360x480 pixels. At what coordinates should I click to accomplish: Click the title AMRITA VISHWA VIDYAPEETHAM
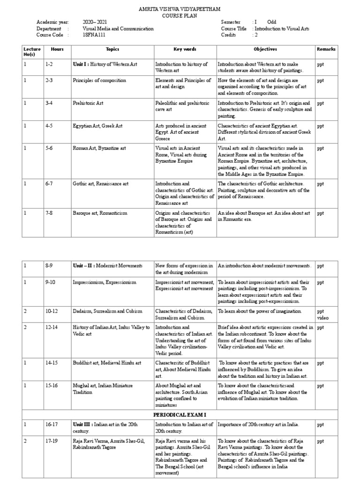(180, 9)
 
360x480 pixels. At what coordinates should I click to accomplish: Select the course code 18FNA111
(93, 35)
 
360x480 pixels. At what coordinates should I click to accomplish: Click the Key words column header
(185, 49)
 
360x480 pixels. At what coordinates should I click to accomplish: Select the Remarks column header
(326, 49)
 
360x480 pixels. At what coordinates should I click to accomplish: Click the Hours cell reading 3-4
(49, 103)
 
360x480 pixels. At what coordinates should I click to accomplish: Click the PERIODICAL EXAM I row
(180, 415)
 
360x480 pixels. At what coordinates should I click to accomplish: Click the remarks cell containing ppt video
(324, 314)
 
